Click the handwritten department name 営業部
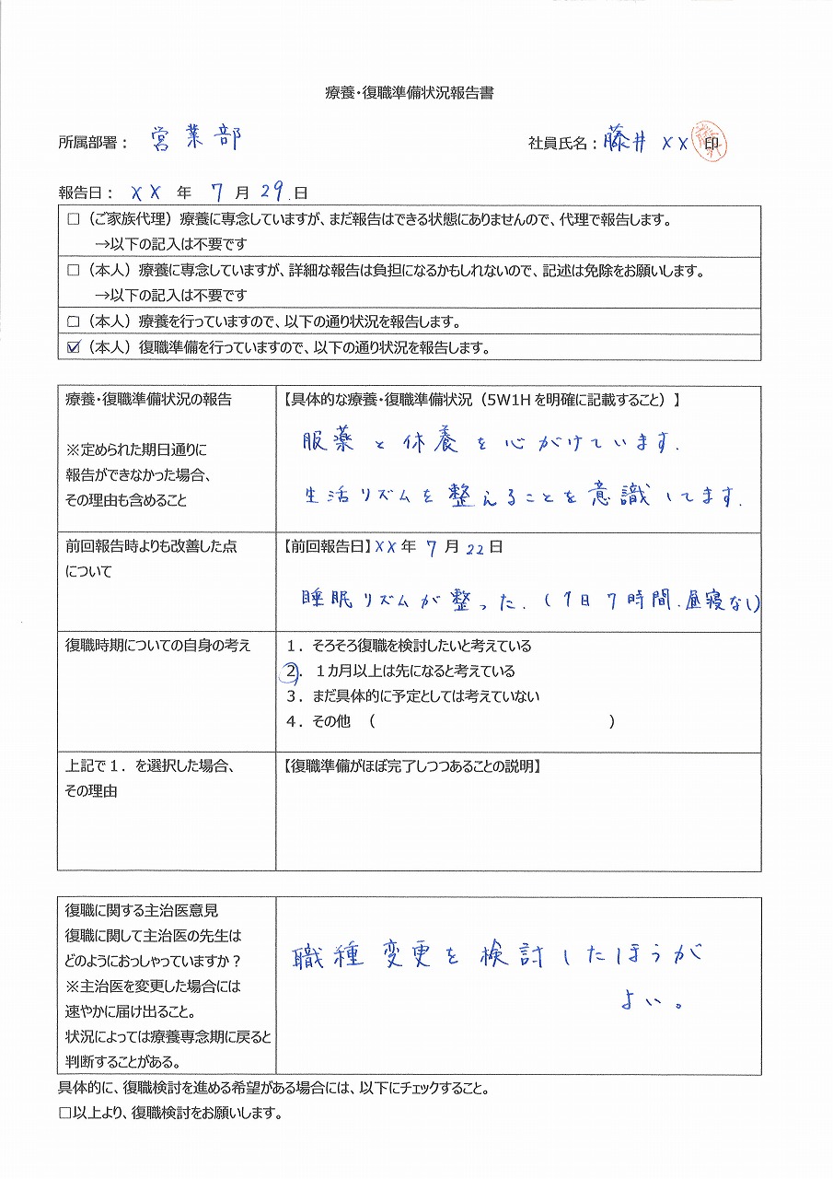[x=195, y=139]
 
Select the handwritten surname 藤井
[x=627, y=142]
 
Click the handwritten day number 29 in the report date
[x=272, y=193]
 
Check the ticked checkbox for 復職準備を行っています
[x=75, y=348]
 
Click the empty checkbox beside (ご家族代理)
[x=74, y=221]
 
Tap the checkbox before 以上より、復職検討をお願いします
[x=64, y=1113]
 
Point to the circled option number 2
[x=290, y=671]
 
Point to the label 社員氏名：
[x=562, y=144]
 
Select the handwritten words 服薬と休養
[x=376, y=443]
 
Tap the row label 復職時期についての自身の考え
[x=157, y=646]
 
